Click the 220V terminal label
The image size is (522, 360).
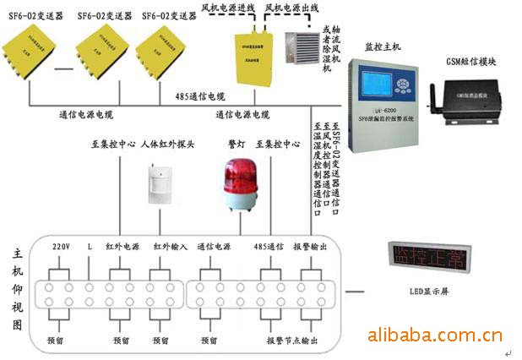(x=61, y=247)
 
